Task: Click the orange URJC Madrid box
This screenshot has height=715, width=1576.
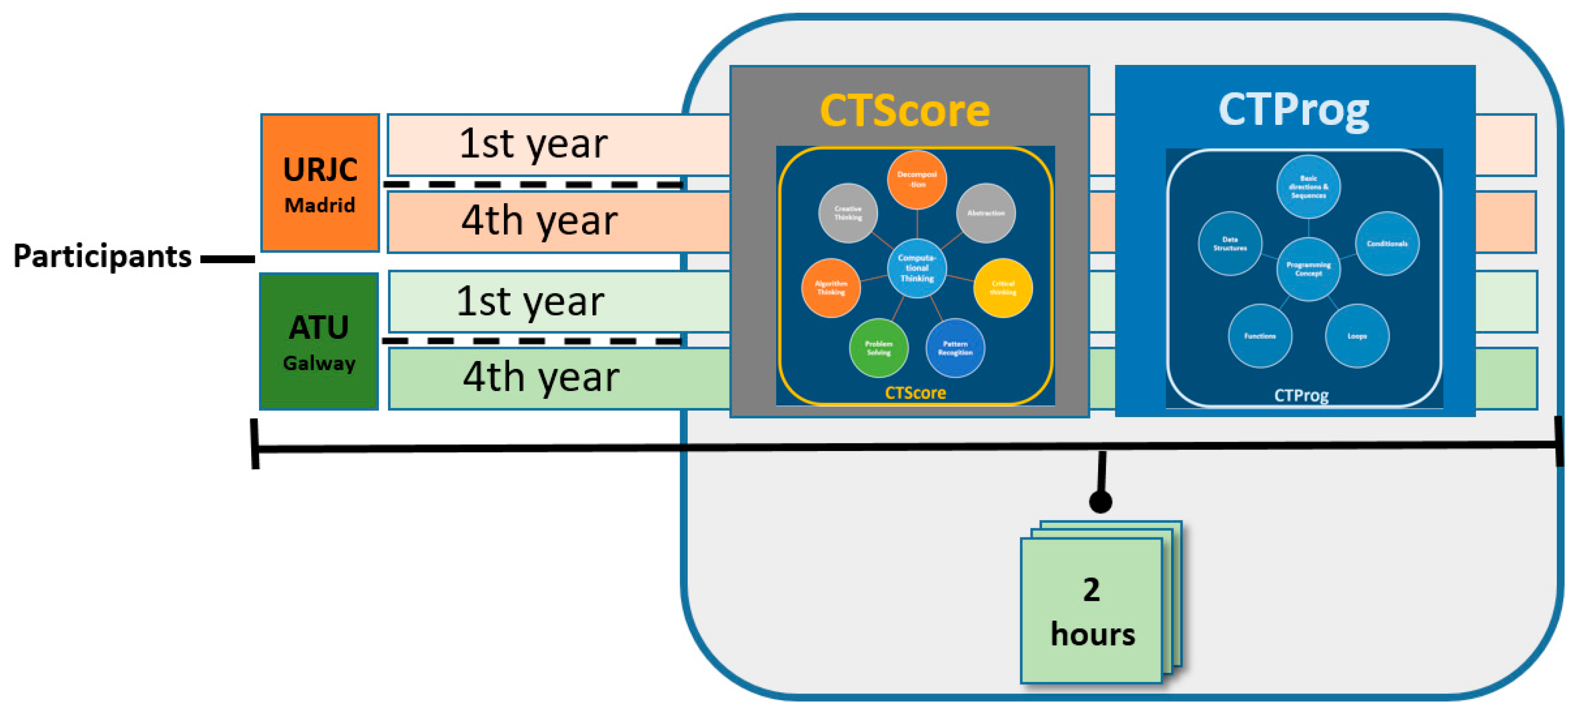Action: point(319,182)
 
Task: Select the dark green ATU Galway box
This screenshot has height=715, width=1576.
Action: point(319,341)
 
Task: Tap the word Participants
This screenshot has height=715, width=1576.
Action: point(102,256)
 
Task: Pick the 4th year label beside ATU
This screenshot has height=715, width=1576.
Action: point(541,378)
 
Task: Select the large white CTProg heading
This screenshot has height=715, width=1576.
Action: point(1294,110)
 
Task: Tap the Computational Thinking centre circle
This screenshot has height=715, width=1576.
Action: point(917,268)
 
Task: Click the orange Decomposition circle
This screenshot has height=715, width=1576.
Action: point(917,179)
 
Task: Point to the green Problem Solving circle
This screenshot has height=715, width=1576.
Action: point(878,348)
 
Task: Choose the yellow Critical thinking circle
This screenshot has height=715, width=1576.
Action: point(1003,288)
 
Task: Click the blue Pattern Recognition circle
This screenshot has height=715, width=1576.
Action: point(955,348)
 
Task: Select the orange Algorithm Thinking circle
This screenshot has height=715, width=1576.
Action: point(831,288)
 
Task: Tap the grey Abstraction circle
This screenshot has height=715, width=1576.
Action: point(985,213)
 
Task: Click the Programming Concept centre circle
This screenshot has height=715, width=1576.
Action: point(1308,269)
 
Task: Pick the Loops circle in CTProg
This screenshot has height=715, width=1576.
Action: point(1357,335)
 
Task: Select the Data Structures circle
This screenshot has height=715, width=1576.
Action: point(1230,243)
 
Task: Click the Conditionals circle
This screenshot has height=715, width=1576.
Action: point(1387,243)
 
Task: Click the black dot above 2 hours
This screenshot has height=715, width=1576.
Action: point(1100,502)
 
